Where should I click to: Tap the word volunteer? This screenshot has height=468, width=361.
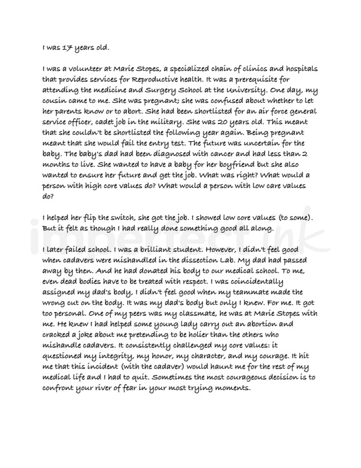click(83, 69)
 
